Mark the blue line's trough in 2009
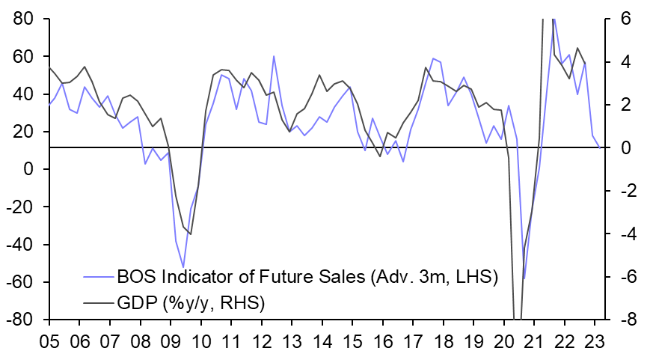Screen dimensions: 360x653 point(183,267)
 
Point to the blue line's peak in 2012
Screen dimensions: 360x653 point(274,56)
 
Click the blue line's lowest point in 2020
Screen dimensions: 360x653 point(524,278)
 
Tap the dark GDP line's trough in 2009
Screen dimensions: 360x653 point(191,234)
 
